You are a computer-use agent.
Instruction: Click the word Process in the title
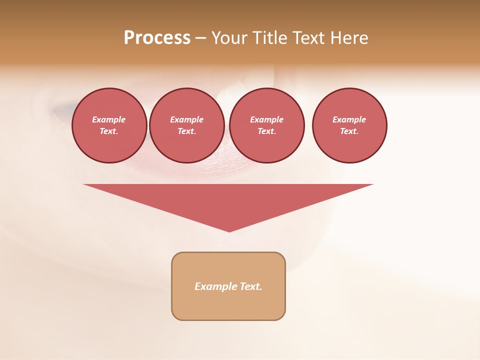(157, 38)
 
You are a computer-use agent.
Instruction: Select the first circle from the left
(109, 125)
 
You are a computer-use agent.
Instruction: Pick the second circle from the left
(187, 125)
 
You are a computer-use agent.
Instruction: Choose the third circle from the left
(267, 125)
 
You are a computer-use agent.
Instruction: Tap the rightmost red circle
(349, 125)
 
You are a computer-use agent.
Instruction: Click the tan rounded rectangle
(228, 300)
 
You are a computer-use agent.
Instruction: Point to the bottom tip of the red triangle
(229, 231)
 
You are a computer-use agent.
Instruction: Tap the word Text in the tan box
(250, 286)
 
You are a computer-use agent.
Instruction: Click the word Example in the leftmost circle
(109, 119)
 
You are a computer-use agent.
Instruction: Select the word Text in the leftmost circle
(108, 131)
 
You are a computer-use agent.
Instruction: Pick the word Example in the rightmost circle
(349, 119)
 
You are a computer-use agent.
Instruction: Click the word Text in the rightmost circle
(349, 131)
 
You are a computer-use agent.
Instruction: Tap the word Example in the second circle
(187, 119)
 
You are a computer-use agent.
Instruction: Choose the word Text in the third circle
(266, 131)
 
